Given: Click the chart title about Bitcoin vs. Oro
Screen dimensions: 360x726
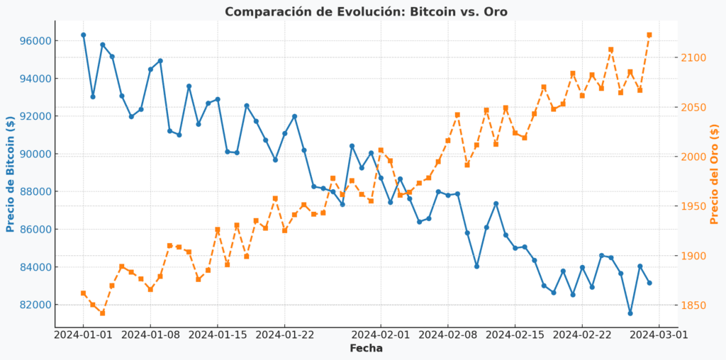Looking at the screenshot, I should click(x=366, y=11).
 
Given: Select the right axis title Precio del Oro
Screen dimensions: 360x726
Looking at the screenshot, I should click(x=714, y=174).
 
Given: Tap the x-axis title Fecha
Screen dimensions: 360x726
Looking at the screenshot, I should click(x=366, y=348).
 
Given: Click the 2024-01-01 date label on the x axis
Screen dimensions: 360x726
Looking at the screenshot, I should click(x=83, y=334).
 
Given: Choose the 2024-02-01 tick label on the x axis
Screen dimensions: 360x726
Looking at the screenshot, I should click(x=381, y=334).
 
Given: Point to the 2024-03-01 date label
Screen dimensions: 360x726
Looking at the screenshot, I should click(x=659, y=334).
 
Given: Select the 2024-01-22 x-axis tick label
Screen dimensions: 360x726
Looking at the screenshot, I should click(x=285, y=334).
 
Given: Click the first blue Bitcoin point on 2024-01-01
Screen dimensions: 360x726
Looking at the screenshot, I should click(x=83, y=35).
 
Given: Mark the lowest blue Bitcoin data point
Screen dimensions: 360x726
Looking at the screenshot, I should click(x=630, y=313).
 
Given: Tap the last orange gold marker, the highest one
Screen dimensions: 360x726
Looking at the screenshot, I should click(x=649, y=35).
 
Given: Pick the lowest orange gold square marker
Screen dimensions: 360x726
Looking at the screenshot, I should click(x=102, y=313).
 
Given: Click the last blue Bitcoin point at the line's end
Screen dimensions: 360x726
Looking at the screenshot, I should click(x=649, y=283).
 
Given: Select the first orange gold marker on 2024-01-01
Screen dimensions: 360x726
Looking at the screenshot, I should click(x=83, y=293).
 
